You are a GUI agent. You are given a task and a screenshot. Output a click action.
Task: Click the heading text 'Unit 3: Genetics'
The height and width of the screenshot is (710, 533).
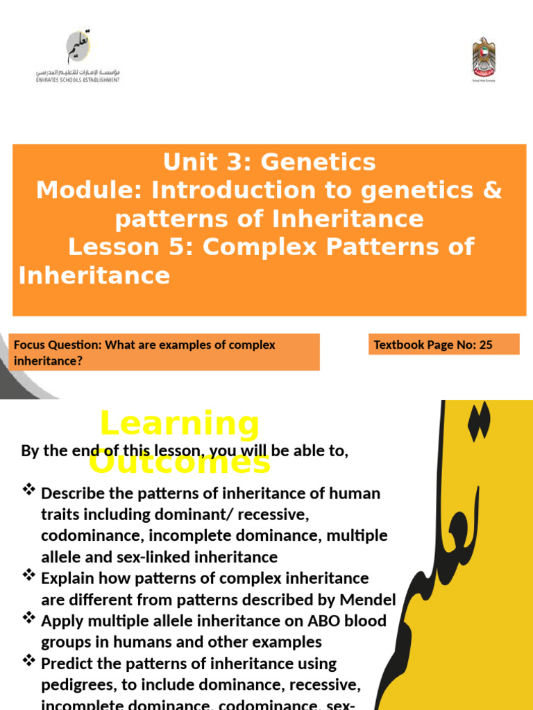coord(269,162)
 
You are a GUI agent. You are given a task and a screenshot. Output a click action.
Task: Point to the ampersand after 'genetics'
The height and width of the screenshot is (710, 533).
coord(491,190)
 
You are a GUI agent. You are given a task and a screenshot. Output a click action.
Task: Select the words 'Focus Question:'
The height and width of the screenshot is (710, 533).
coord(57,345)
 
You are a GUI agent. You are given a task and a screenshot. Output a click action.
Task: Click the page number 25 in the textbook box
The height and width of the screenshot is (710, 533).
coord(485,345)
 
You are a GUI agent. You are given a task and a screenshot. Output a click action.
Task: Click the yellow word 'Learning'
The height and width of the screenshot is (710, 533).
coord(179,422)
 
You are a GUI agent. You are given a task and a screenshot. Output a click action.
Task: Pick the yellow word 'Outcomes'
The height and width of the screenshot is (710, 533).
coord(179,462)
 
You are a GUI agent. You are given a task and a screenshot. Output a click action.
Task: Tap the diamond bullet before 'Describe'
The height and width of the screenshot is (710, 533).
coord(29,491)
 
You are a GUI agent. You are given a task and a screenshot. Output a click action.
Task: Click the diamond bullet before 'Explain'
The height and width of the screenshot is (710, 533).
coord(29,575)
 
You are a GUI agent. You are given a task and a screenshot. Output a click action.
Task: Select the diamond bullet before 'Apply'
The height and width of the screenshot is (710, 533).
coord(29,618)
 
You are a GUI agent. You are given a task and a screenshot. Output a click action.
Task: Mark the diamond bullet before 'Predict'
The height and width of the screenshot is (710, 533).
coord(29,661)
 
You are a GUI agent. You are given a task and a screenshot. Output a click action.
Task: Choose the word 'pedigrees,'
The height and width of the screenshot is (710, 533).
coord(76,685)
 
